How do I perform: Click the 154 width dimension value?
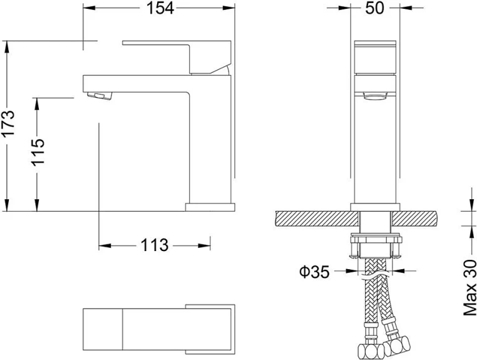(160, 8)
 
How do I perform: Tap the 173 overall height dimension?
(8, 123)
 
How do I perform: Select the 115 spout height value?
(38, 152)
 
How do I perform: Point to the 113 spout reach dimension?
(154, 245)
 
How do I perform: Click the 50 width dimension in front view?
(375, 8)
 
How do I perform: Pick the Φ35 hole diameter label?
(314, 272)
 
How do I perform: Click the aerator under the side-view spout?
(100, 96)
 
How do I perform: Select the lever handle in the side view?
(177, 57)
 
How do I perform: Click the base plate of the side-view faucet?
(210, 207)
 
